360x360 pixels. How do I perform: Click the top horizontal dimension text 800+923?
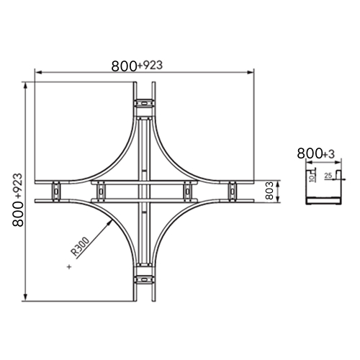pyautogui.click(x=137, y=66)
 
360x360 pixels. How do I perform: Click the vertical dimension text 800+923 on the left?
pyautogui.click(x=18, y=199)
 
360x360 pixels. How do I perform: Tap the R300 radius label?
pyautogui.click(x=81, y=246)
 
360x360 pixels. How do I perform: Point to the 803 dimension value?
pyautogui.click(x=270, y=191)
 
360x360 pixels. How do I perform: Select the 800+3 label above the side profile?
pyautogui.click(x=315, y=153)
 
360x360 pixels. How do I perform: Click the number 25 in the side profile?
pyautogui.click(x=328, y=176)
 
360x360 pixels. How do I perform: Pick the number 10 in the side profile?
pyautogui.click(x=312, y=178)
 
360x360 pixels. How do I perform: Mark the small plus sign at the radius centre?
pyautogui.click(x=69, y=266)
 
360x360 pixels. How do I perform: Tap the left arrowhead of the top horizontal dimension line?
pyautogui.click(x=38, y=72)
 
